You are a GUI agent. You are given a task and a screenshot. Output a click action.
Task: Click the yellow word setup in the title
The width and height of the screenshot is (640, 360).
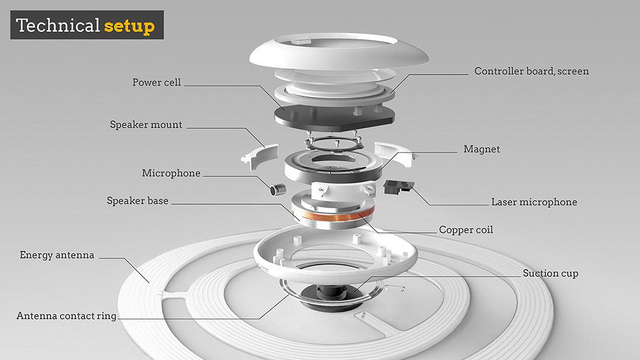tap(129, 26)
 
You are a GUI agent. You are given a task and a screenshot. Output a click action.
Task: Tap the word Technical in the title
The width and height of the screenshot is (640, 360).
tap(58, 25)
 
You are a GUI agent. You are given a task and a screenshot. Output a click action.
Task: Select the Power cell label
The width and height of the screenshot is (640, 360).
tap(156, 82)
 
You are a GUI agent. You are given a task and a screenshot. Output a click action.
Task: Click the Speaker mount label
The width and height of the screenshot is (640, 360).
tap(146, 124)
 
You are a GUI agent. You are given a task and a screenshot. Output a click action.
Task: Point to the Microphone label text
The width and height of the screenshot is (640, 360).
tap(171, 173)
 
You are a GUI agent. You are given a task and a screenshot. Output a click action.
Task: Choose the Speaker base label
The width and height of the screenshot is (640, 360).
tap(137, 201)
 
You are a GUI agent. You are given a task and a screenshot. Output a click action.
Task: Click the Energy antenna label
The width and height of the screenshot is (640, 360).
tap(57, 255)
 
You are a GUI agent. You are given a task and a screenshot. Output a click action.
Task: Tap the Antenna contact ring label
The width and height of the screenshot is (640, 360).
tap(67, 316)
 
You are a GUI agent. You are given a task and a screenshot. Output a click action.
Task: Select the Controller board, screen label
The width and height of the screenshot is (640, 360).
tap(531, 71)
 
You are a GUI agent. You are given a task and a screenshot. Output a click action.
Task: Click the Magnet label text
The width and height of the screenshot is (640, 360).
tap(482, 149)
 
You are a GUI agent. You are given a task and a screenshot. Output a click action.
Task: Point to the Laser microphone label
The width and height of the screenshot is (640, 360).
tap(534, 202)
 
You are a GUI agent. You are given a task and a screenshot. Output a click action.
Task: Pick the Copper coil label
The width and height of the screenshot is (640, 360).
tap(466, 230)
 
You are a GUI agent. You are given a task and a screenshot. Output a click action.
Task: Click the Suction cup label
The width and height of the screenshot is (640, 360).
tap(550, 273)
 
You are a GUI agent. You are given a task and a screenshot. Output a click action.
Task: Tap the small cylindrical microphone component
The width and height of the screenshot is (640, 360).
tap(278, 189)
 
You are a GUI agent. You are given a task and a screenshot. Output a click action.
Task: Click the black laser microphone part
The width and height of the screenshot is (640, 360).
tap(398, 188)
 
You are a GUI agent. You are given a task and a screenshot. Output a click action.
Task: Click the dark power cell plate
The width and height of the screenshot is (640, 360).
tap(334, 116)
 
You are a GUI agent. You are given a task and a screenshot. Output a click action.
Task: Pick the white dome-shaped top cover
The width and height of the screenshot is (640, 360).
tap(338, 52)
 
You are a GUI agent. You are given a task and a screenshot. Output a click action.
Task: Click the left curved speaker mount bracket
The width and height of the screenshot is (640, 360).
tap(260, 156)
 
